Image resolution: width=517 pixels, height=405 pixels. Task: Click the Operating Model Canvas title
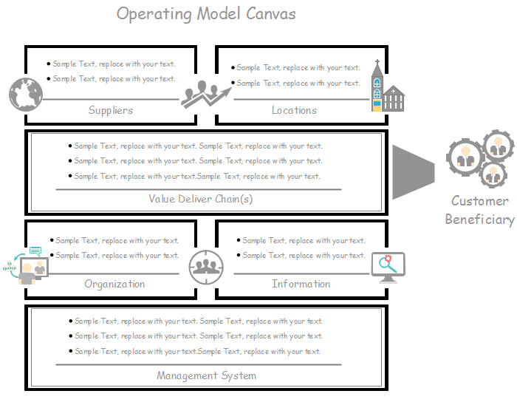pyautogui.click(x=207, y=14)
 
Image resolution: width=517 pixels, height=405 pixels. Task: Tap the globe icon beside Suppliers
pyautogui.click(x=26, y=95)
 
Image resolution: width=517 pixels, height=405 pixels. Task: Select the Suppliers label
pyautogui.click(x=111, y=110)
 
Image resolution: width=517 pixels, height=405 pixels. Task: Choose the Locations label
pyautogui.click(x=294, y=110)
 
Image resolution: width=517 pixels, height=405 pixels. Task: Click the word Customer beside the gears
pyautogui.click(x=480, y=201)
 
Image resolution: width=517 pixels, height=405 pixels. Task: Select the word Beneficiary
pyautogui.click(x=480, y=219)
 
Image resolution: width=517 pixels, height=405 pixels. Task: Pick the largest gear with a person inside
pyautogui.click(x=465, y=156)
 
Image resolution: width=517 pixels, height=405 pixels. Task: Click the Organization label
pyautogui.click(x=114, y=284)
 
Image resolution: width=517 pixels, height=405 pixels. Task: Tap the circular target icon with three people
pyautogui.click(x=206, y=267)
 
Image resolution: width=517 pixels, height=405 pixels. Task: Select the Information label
pyautogui.click(x=301, y=284)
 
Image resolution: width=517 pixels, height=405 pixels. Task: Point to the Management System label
pyautogui.click(x=207, y=375)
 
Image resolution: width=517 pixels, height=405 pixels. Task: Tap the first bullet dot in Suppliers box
pyautogui.click(x=49, y=64)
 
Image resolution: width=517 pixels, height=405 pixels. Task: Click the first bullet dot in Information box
pyautogui.click(x=239, y=240)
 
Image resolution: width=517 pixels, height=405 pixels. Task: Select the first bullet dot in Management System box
pyautogui.click(x=71, y=321)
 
